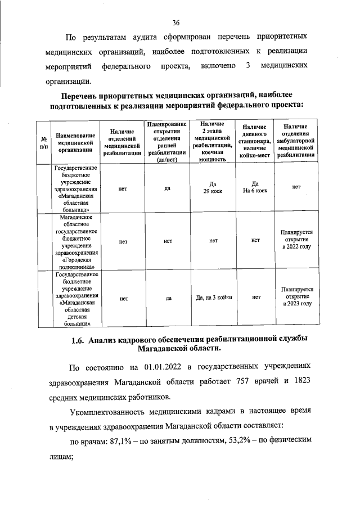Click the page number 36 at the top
click(176, 22)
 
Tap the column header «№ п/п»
click(43, 142)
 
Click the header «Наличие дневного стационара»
click(255, 142)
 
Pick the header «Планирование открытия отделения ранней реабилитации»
click(168, 142)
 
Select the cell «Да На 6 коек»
click(255, 188)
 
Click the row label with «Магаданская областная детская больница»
click(76, 299)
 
